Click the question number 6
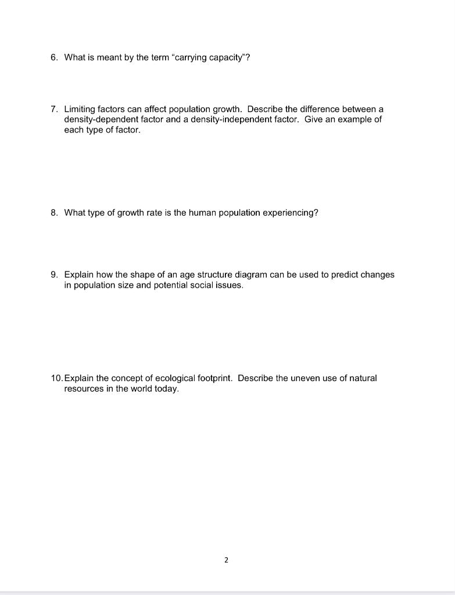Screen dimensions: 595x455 (x=53, y=57)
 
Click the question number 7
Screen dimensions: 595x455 (x=53, y=109)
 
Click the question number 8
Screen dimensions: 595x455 (x=53, y=213)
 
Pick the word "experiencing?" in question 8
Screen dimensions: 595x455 (x=290, y=213)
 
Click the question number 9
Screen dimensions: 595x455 (x=53, y=275)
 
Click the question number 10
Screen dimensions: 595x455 (x=56, y=378)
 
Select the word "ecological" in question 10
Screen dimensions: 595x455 (x=174, y=378)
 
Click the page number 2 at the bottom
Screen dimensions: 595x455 (x=226, y=560)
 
